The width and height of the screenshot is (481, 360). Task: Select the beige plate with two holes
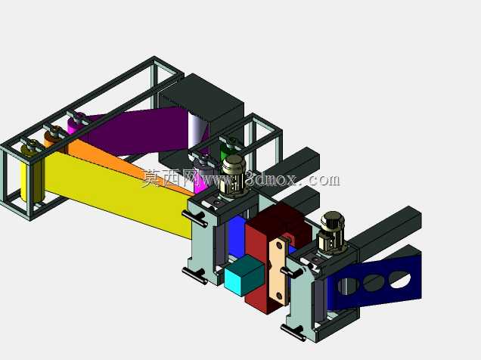(279, 271)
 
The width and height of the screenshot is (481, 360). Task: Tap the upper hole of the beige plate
(280, 245)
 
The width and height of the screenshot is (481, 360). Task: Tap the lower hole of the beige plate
(279, 296)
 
